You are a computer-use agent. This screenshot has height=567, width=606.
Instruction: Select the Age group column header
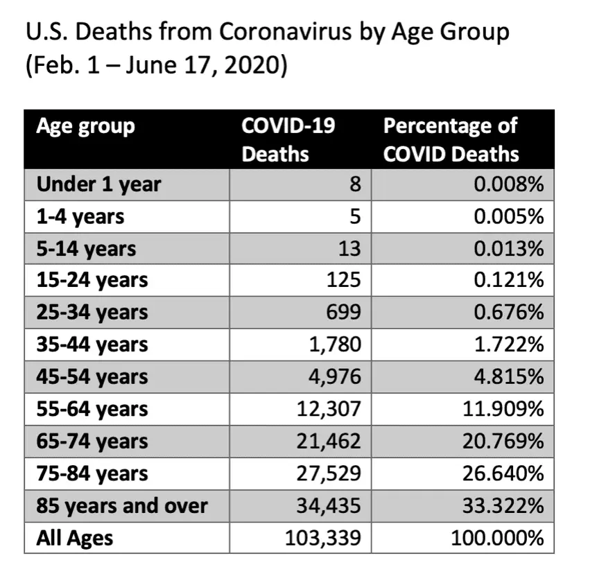(85, 126)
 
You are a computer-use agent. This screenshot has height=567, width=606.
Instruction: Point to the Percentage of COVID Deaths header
(451, 139)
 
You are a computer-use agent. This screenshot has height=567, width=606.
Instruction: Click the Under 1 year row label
(98, 184)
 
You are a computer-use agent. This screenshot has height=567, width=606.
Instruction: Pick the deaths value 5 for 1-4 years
(354, 216)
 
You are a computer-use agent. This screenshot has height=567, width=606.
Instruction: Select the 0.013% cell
(509, 248)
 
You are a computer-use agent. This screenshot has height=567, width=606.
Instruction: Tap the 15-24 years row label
(92, 280)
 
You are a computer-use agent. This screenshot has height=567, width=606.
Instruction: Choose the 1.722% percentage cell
(509, 344)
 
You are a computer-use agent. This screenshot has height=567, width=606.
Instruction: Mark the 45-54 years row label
(92, 376)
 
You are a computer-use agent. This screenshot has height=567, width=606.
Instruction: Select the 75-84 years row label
(92, 473)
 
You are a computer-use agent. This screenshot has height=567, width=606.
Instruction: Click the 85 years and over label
(121, 505)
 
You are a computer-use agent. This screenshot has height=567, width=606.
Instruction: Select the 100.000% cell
(498, 538)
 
